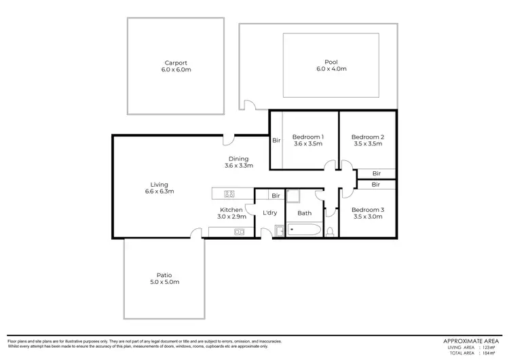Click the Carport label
click(176, 62)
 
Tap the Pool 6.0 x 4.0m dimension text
click(331, 69)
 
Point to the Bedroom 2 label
click(368, 137)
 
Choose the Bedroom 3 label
click(368, 210)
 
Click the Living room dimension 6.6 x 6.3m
click(160, 192)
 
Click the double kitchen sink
click(239, 232)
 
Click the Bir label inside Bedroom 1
click(276, 141)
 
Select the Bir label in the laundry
click(276, 196)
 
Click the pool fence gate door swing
click(250, 105)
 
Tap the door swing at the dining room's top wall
click(230, 139)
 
